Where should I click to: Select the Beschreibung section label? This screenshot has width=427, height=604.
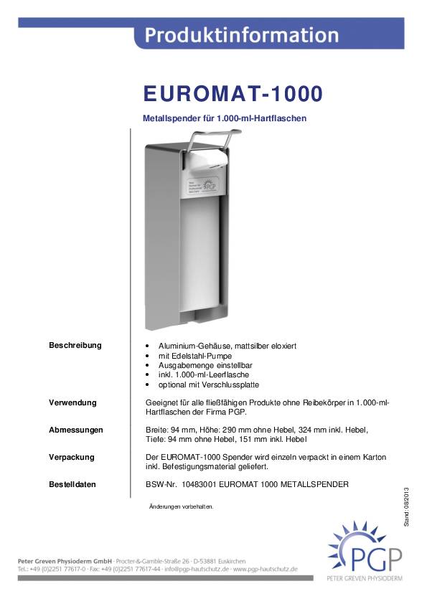(x=75, y=345)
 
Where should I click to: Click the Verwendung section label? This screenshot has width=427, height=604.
(x=72, y=402)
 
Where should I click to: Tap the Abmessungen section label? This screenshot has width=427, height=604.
(x=76, y=430)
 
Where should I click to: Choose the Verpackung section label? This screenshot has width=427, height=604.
(x=72, y=457)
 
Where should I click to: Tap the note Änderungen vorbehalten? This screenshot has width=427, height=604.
(x=181, y=506)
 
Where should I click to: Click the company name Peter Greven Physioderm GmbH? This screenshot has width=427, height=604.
(x=65, y=559)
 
